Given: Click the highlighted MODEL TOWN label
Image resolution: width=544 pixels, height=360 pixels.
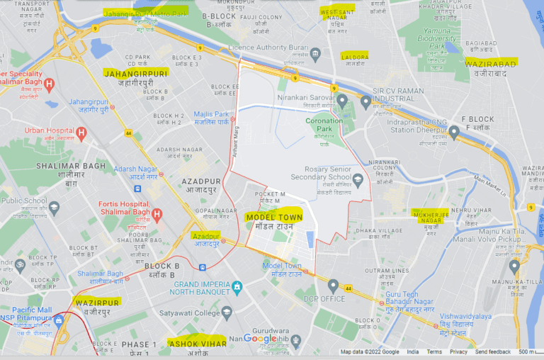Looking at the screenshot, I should (x=273, y=217).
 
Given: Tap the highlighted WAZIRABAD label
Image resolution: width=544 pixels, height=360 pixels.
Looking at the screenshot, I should (x=492, y=62).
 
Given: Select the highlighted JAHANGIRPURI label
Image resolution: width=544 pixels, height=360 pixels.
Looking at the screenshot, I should (x=136, y=73).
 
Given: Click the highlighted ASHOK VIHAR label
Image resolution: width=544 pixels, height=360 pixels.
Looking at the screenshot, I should (x=197, y=343).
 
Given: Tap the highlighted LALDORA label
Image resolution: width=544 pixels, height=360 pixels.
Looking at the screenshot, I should (x=355, y=56).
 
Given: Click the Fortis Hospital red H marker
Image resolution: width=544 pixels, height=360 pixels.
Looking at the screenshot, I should (x=157, y=213).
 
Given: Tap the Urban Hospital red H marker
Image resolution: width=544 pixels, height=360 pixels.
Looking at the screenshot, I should (x=81, y=133).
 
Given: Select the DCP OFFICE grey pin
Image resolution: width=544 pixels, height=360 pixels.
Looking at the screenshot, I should (x=333, y=286).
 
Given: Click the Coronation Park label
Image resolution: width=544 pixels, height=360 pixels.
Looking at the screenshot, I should (x=324, y=121).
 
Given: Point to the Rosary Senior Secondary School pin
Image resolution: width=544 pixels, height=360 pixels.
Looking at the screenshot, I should (x=358, y=180).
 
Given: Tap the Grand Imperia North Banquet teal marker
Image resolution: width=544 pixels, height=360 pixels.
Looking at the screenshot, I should (x=237, y=288).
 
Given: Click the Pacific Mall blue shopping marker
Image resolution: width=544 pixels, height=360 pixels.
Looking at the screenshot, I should (x=59, y=321).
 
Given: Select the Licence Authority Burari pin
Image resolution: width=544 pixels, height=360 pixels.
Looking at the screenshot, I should (x=316, y=54).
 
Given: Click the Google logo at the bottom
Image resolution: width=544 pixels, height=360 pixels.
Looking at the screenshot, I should (x=261, y=339).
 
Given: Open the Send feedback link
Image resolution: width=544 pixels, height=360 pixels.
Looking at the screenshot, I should (x=493, y=352).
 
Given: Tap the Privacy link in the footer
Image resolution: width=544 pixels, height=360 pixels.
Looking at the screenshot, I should (x=458, y=352).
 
